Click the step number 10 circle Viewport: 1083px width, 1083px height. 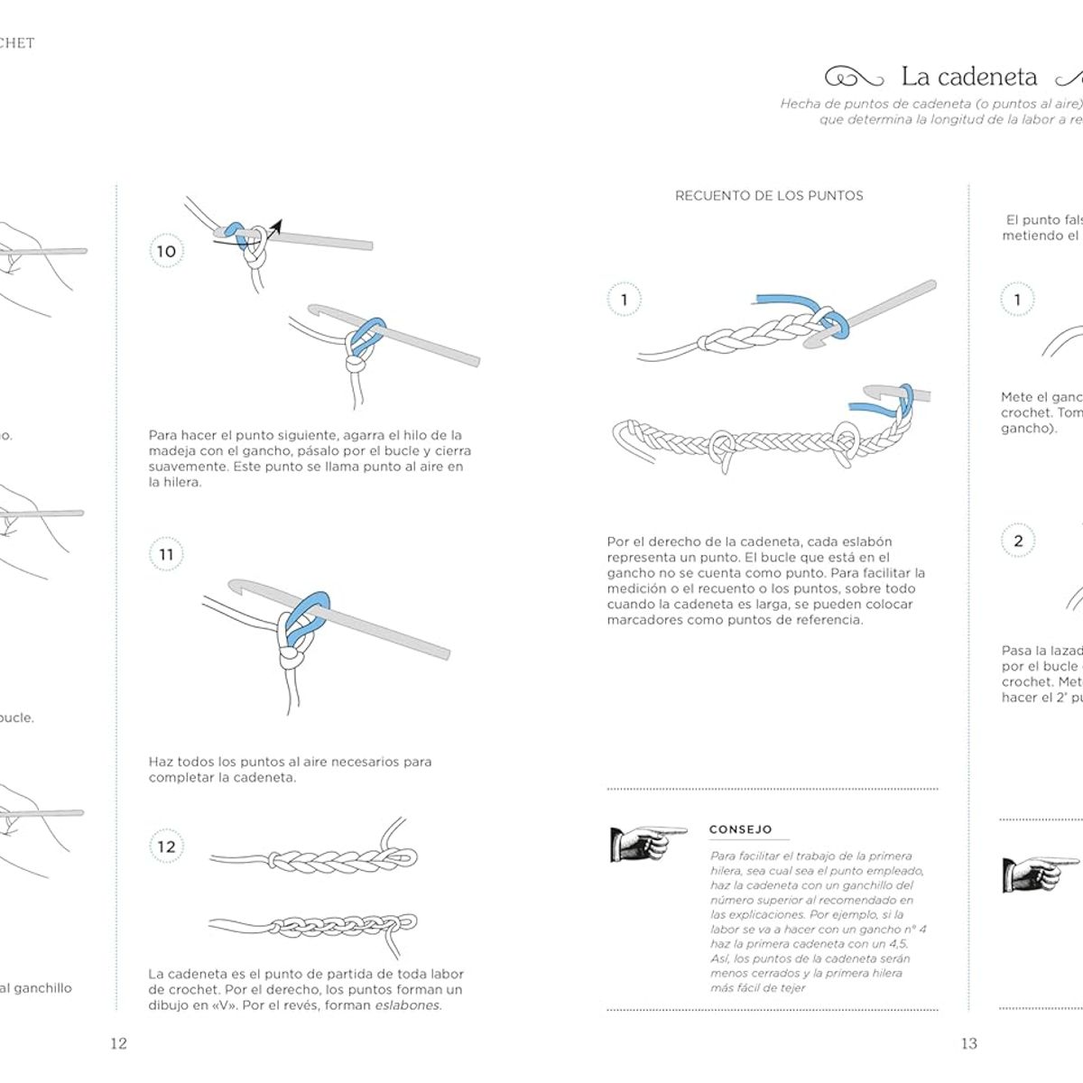pos(166,252)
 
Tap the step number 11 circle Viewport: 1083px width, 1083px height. pos(166,554)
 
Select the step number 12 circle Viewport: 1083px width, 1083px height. pos(166,847)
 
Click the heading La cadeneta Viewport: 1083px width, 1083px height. pos(969,77)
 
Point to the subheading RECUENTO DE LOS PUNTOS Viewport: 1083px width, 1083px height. pos(769,196)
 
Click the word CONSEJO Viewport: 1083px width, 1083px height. pos(740,829)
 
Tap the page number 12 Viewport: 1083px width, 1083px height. pos(118,1043)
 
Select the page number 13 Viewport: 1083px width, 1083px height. pos(968,1043)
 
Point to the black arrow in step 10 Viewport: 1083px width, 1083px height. pos(273,227)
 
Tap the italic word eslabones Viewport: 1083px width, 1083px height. pos(408,1005)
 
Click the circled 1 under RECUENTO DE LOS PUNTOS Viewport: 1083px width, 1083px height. pos(624,300)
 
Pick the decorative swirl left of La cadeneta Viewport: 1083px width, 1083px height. pos(854,78)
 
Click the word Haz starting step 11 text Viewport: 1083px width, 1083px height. pos(161,762)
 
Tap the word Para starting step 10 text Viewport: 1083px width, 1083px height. pos(163,435)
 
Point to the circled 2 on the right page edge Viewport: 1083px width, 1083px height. pos(1018,541)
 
